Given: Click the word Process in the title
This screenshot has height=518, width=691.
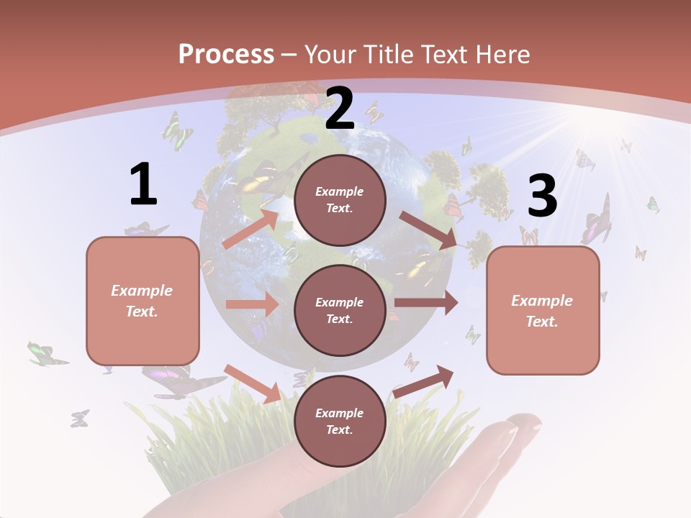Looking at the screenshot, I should click(x=226, y=54).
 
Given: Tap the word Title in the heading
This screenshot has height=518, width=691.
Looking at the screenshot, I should click(x=386, y=54).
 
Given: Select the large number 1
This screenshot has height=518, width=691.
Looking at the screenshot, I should click(x=143, y=185).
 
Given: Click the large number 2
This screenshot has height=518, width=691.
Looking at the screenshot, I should click(x=340, y=109).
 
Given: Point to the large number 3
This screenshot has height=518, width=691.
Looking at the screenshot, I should click(x=542, y=196).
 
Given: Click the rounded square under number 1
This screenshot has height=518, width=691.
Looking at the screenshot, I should click(x=143, y=301).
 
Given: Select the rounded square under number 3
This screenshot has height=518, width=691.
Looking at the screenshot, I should click(x=543, y=310).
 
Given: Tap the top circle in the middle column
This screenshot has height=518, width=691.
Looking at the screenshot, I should click(x=340, y=199).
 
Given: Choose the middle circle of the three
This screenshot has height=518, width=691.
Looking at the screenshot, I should click(x=340, y=310).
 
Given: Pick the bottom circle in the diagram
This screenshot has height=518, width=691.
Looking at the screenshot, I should click(x=340, y=421).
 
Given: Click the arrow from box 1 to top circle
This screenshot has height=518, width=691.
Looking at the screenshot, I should click(x=250, y=228).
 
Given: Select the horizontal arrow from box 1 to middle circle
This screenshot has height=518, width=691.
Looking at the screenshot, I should click(x=252, y=304).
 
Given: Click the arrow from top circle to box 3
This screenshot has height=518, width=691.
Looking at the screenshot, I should click(x=428, y=230).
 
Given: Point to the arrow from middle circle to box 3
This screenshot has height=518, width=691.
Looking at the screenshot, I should click(x=426, y=303).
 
